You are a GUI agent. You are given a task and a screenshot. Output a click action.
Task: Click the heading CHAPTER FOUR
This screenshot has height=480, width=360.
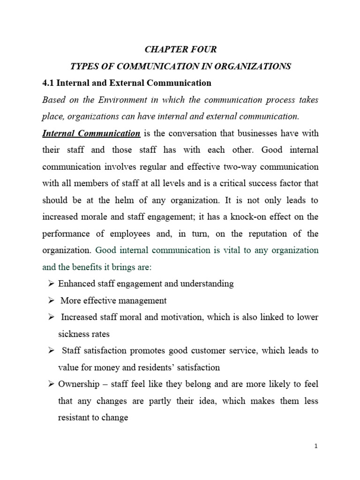click(x=180, y=49)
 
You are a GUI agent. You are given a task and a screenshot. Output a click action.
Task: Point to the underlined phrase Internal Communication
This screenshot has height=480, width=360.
click(x=91, y=133)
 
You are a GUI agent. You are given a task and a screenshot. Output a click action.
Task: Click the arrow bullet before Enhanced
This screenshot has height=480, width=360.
click(x=51, y=284)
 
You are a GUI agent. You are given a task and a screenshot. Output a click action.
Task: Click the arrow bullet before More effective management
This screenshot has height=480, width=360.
click(x=51, y=300)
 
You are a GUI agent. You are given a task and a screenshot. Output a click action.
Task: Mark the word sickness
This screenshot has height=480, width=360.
click(x=73, y=334)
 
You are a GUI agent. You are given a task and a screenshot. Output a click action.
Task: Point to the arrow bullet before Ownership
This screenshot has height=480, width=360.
click(x=51, y=384)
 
